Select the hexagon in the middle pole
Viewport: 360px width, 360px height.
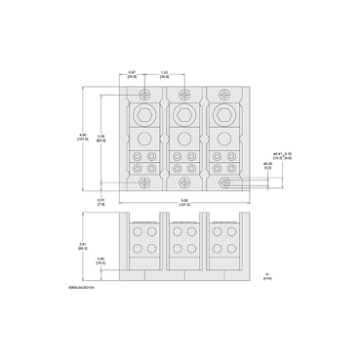[181, 117]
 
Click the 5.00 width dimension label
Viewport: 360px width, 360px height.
[181, 204]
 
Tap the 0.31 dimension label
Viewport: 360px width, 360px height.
[100, 202]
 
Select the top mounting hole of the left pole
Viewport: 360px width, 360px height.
[144, 95]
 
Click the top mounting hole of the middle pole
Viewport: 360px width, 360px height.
[181, 95]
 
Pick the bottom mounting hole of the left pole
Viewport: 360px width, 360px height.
[144, 182]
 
